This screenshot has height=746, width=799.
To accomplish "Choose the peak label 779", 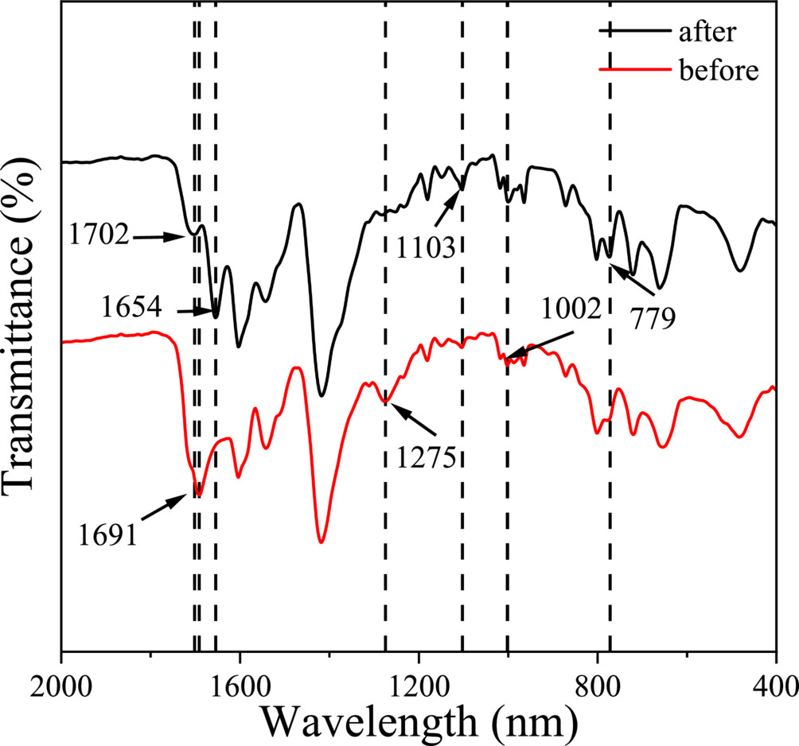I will pos(653,319).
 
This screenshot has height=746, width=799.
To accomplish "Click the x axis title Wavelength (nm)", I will pos(418,721).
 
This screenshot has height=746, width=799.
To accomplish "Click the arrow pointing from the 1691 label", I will pos(166,506).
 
